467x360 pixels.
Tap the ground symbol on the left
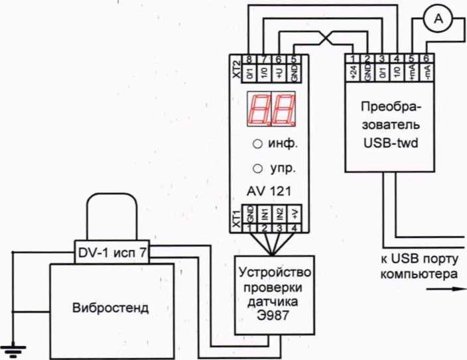[11, 345]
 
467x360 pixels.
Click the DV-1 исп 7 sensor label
[113, 252]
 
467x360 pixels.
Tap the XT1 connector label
[236, 217]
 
